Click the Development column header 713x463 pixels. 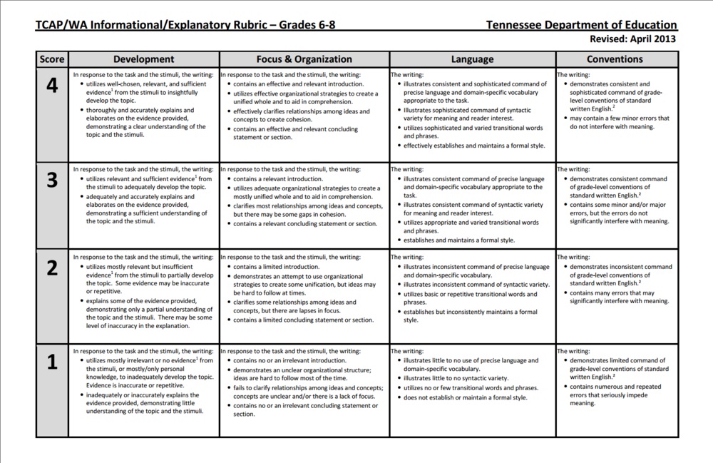[143, 60]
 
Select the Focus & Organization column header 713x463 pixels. [304, 60]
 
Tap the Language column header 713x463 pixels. [472, 60]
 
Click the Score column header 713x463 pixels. [52, 60]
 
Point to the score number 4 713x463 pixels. [52, 86]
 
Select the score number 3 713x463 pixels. [52, 180]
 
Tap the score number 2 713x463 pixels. [52, 268]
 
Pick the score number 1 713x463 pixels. [52, 362]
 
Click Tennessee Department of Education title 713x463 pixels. [581, 25]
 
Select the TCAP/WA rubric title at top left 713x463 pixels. [185, 25]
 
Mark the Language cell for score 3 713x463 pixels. [472, 205]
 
